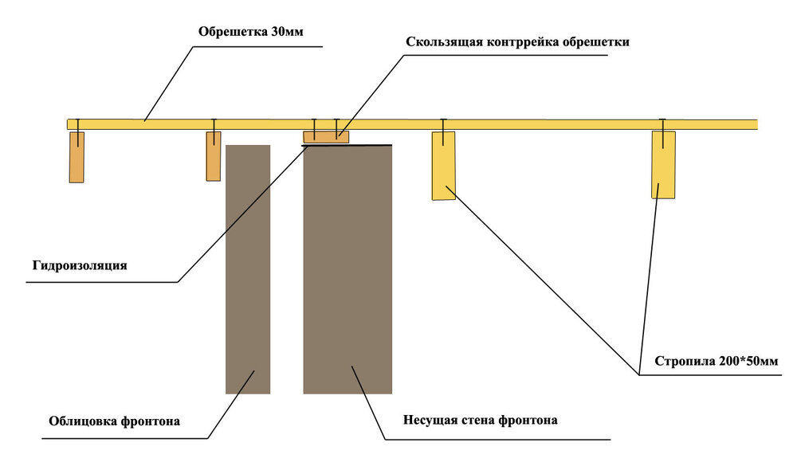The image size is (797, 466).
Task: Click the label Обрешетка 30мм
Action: pos(251,32)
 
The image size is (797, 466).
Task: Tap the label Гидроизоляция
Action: pos(80,265)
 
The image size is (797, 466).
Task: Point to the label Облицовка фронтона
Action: pos(114,421)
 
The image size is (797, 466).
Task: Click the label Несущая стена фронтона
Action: pos(480,420)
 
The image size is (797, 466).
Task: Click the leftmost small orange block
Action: pos(77,157)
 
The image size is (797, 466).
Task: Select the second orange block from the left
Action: pos(214,156)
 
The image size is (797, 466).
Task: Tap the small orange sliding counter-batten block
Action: pos(325,136)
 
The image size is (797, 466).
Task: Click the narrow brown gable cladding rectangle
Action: pos(248,269)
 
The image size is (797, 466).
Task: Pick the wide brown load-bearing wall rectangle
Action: pos(347,269)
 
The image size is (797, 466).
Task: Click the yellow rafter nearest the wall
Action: pos(443,166)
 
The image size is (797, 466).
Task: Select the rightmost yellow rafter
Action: pos(663,164)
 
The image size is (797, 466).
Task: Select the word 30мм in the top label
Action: pos(286,32)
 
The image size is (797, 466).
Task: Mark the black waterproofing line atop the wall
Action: pos(367,145)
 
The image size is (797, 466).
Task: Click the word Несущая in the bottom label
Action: pos(428,420)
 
